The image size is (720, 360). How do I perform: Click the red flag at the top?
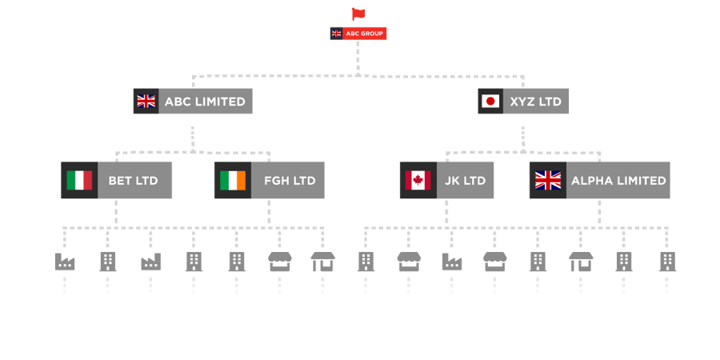[358, 14]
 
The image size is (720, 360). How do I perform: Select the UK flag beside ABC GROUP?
[336, 34]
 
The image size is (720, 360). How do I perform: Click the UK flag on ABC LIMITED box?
[146, 102]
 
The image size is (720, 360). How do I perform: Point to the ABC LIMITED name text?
[205, 102]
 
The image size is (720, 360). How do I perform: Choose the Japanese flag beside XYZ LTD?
[490, 102]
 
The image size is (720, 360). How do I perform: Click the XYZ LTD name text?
[535, 102]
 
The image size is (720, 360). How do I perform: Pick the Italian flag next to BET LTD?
[78, 180]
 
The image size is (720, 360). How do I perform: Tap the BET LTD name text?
[134, 181]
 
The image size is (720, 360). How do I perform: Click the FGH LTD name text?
[290, 181]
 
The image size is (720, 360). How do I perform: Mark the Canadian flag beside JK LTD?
[416, 180]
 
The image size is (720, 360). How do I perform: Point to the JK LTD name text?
[464, 181]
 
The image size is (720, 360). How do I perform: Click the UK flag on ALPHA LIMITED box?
[548, 180]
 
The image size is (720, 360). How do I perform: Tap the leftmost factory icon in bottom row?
[65, 261]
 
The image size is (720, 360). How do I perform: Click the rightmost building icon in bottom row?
[666, 261]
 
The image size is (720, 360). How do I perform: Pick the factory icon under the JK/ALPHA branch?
[451, 261]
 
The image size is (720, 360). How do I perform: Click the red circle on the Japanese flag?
[490, 102]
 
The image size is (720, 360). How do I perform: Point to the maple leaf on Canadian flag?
[416, 180]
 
